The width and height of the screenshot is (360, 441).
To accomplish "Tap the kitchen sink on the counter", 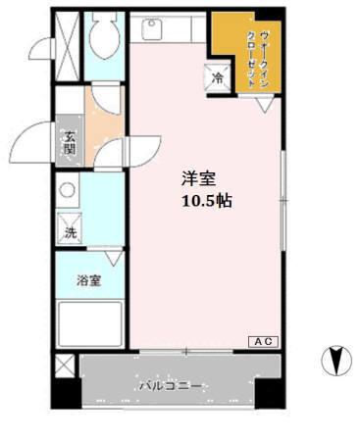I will point(152,29).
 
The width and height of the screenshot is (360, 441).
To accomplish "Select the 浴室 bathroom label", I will point(88,281).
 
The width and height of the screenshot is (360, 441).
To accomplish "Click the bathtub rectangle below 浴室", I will point(89,322).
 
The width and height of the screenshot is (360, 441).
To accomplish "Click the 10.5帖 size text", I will point(206,200).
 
